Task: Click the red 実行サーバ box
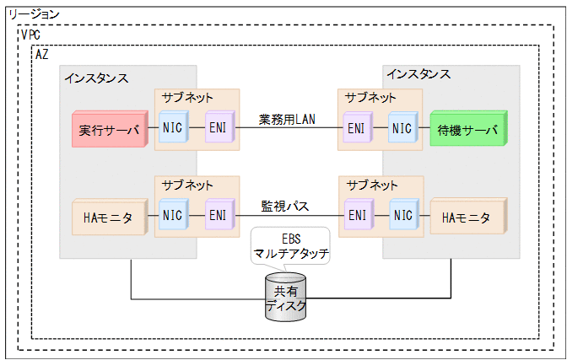pos(105,130)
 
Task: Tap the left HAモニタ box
pos(105,218)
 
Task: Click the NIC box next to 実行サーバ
pos(172,130)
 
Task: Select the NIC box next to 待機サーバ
pos(402,130)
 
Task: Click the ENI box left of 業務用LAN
pos(217,130)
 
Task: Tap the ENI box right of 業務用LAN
pos(356,130)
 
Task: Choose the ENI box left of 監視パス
pos(217,217)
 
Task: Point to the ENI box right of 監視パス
pos(356,217)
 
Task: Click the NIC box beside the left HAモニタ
pos(172,217)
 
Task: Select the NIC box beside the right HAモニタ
pos(402,217)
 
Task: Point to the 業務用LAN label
pos(286,120)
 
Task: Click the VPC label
pos(30,35)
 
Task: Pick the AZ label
pos(41,54)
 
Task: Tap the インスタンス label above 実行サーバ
pos(95,78)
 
